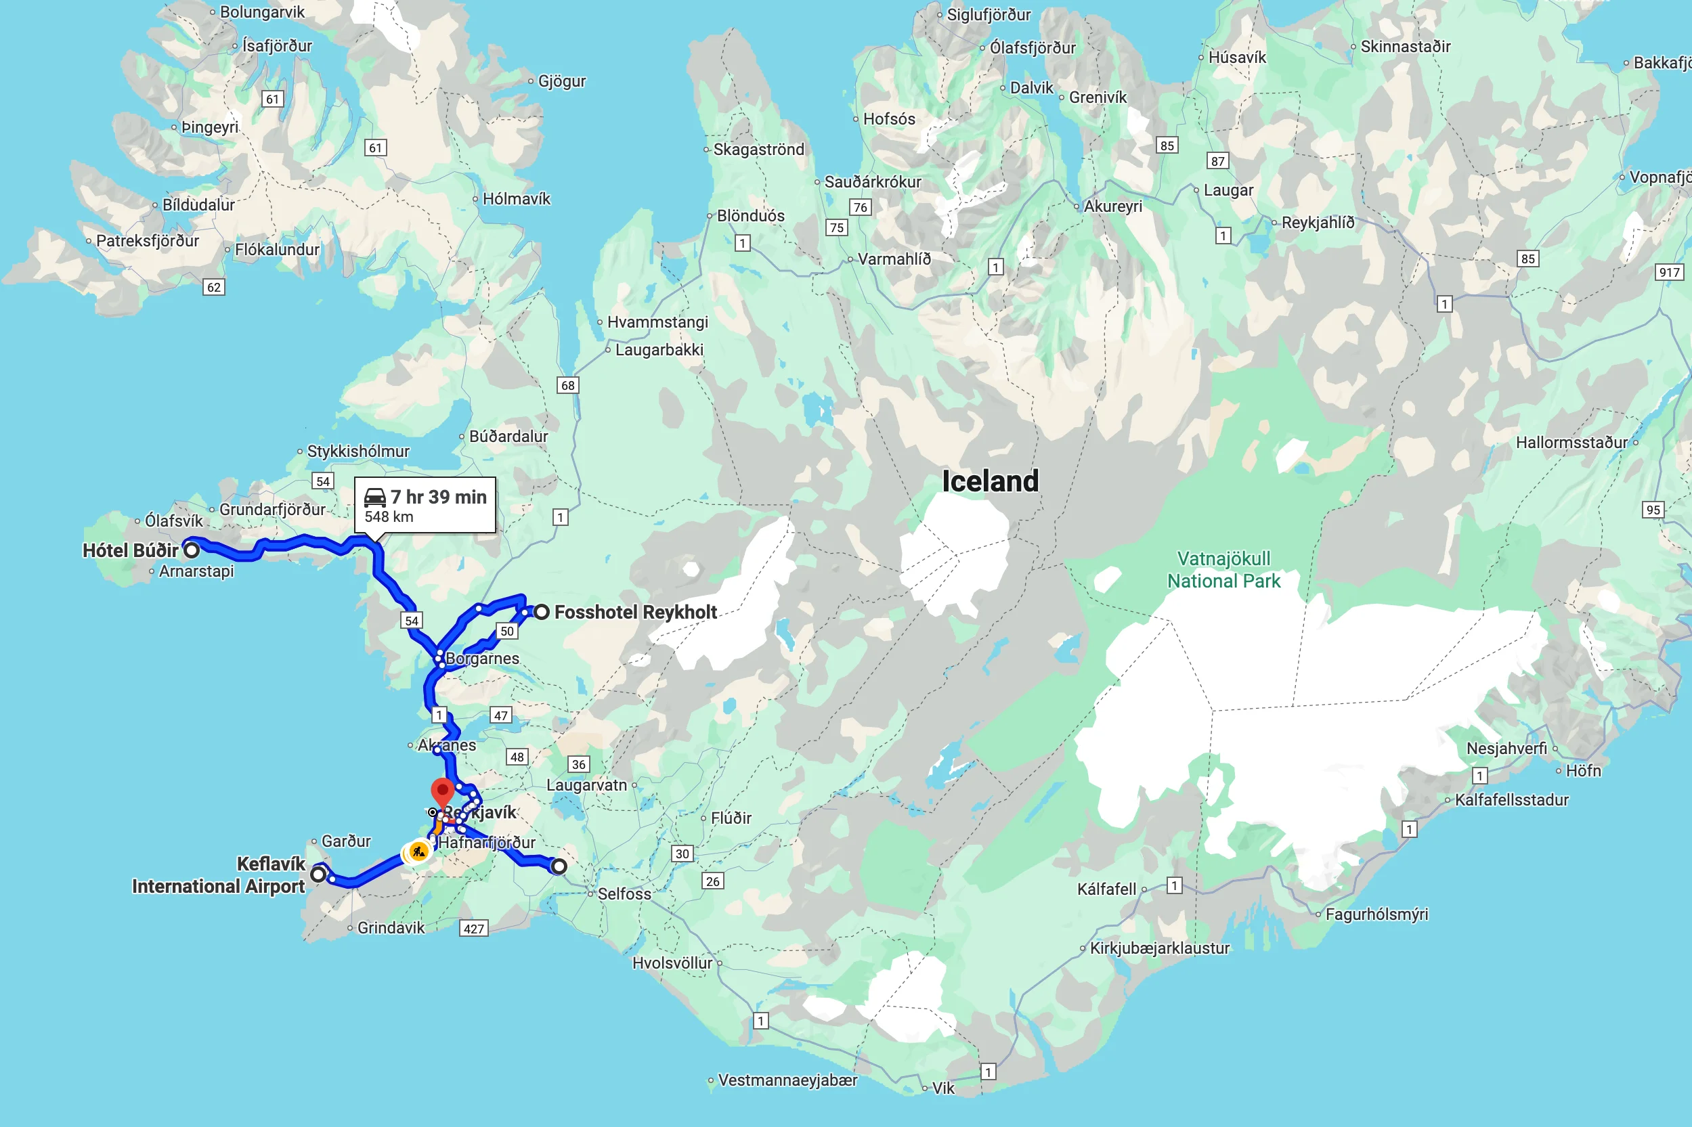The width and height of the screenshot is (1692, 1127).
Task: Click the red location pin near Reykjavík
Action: (x=442, y=791)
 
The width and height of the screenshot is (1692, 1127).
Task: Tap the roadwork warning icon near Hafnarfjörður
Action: (x=418, y=852)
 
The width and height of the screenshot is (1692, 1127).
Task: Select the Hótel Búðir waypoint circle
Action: (x=191, y=550)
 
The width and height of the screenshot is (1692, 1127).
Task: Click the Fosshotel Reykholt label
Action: (x=635, y=613)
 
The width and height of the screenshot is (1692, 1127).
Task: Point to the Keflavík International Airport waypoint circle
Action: (x=318, y=874)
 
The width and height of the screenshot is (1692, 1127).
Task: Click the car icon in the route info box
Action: (x=375, y=498)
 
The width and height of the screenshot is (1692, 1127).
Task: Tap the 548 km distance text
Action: (x=389, y=516)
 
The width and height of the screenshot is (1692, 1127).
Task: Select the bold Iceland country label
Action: (x=990, y=481)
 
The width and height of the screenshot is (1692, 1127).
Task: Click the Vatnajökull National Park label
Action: (x=1223, y=570)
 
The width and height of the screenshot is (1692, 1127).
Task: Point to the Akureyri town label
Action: (x=1112, y=206)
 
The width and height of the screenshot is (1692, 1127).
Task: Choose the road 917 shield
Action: (x=1669, y=272)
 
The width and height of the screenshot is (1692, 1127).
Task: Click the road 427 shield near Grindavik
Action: (x=474, y=929)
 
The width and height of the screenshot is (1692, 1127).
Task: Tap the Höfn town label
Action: (x=1583, y=770)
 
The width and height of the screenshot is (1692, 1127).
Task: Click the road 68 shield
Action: (x=568, y=385)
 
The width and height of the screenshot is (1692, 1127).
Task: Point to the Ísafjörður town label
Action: (x=277, y=46)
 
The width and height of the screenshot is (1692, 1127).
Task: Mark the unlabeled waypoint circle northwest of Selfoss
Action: (x=559, y=867)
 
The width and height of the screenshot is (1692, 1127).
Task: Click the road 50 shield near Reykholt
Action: (x=506, y=631)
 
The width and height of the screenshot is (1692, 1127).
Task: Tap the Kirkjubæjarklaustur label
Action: (x=1158, y=948)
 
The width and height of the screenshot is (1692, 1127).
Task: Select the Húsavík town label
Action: (x=1236, y=58)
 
